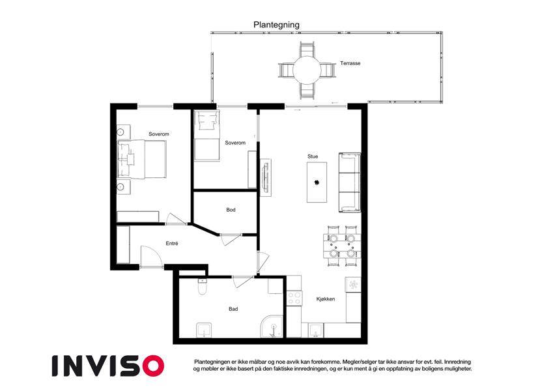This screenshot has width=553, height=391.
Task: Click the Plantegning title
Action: (276, 25)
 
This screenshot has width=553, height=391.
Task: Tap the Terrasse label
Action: (350, 63)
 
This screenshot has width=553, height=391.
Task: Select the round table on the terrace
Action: (307, 70)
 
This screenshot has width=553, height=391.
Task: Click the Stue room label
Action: (313, 156)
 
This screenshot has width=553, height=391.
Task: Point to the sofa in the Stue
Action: (350, 182)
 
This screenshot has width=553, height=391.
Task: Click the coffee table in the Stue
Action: (317, 182)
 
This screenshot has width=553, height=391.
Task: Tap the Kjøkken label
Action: (326, 299)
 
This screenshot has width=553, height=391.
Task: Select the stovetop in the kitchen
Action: (294, 298)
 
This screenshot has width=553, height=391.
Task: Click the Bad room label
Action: (233, 309)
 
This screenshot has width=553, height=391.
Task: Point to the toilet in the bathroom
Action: (203, 287)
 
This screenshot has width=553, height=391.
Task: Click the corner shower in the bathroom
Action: (272, 326)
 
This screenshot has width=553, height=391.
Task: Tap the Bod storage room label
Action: (231, 210)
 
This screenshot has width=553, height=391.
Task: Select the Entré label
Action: (172, 243)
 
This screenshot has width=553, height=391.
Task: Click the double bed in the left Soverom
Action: (141, 159)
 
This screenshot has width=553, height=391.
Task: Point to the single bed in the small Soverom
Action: (206, 136)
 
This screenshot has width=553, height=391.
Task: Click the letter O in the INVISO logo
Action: (154, 366)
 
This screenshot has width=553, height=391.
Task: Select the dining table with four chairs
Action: (342, 246)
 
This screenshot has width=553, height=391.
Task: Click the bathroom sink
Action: (205, 330)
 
